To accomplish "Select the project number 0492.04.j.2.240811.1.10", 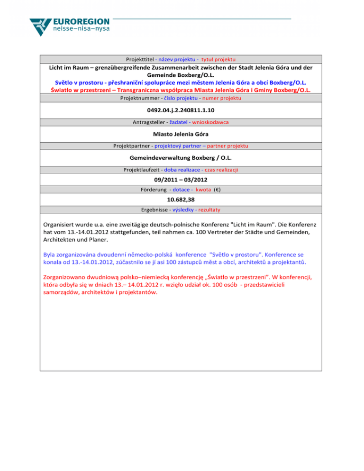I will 181,110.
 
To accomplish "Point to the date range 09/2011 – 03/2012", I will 181,180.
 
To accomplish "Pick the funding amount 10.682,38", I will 181,199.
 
